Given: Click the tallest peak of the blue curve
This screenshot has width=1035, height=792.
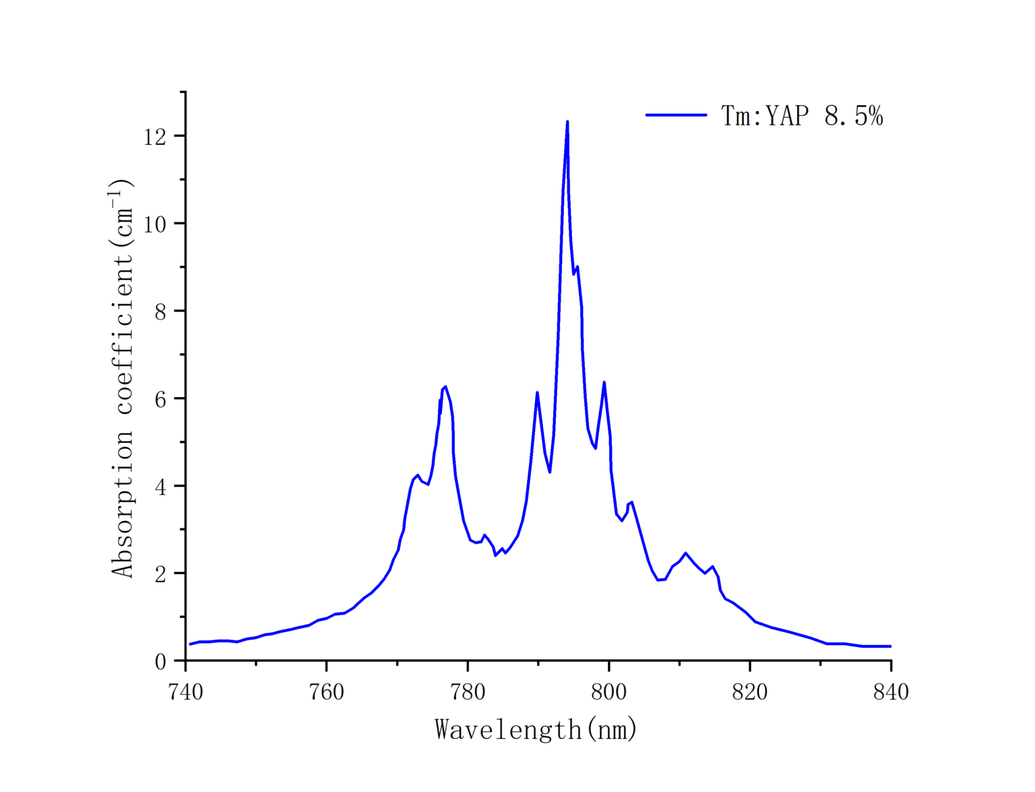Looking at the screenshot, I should (x=567, y=122).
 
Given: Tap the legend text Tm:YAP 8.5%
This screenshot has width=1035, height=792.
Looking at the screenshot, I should (x=802, y=116).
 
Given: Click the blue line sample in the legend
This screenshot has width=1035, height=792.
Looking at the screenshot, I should (x=676, y=115).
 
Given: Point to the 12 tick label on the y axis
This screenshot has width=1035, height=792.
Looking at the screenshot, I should (x=154, y=137).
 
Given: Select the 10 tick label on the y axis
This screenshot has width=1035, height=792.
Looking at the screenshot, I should (x=154, y=224).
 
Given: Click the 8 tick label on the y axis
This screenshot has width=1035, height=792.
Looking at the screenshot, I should (x=160, y=311).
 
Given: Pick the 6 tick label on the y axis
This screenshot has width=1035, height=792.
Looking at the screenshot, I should (x=160, y=399).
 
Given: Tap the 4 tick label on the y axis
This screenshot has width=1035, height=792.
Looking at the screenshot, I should (x=160, y=487).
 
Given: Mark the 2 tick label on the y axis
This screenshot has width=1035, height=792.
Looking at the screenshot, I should (x=160, y=574).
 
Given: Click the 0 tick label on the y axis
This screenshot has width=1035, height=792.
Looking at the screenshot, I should (x=160, y=662).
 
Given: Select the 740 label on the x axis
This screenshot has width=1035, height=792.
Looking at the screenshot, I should (x=185, y=692).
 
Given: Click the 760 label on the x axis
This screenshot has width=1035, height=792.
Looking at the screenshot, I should (x=326, y=692).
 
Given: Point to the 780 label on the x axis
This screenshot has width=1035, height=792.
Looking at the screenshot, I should (x=468, y=692).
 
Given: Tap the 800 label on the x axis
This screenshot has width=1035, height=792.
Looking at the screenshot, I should (x=608, y=692).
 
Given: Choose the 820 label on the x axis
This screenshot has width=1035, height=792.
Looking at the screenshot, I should (x=750, y=692).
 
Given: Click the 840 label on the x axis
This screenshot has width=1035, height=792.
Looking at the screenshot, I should (x=891, y=692).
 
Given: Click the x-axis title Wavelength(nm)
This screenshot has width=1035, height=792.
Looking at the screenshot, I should (x=536, y=729).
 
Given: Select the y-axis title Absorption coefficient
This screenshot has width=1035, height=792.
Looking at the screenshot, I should (x=123, y=377).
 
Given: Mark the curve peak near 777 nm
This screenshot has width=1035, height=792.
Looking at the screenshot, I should (x=445, y=387).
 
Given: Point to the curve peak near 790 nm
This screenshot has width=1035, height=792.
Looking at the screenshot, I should (x=537, y=392).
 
